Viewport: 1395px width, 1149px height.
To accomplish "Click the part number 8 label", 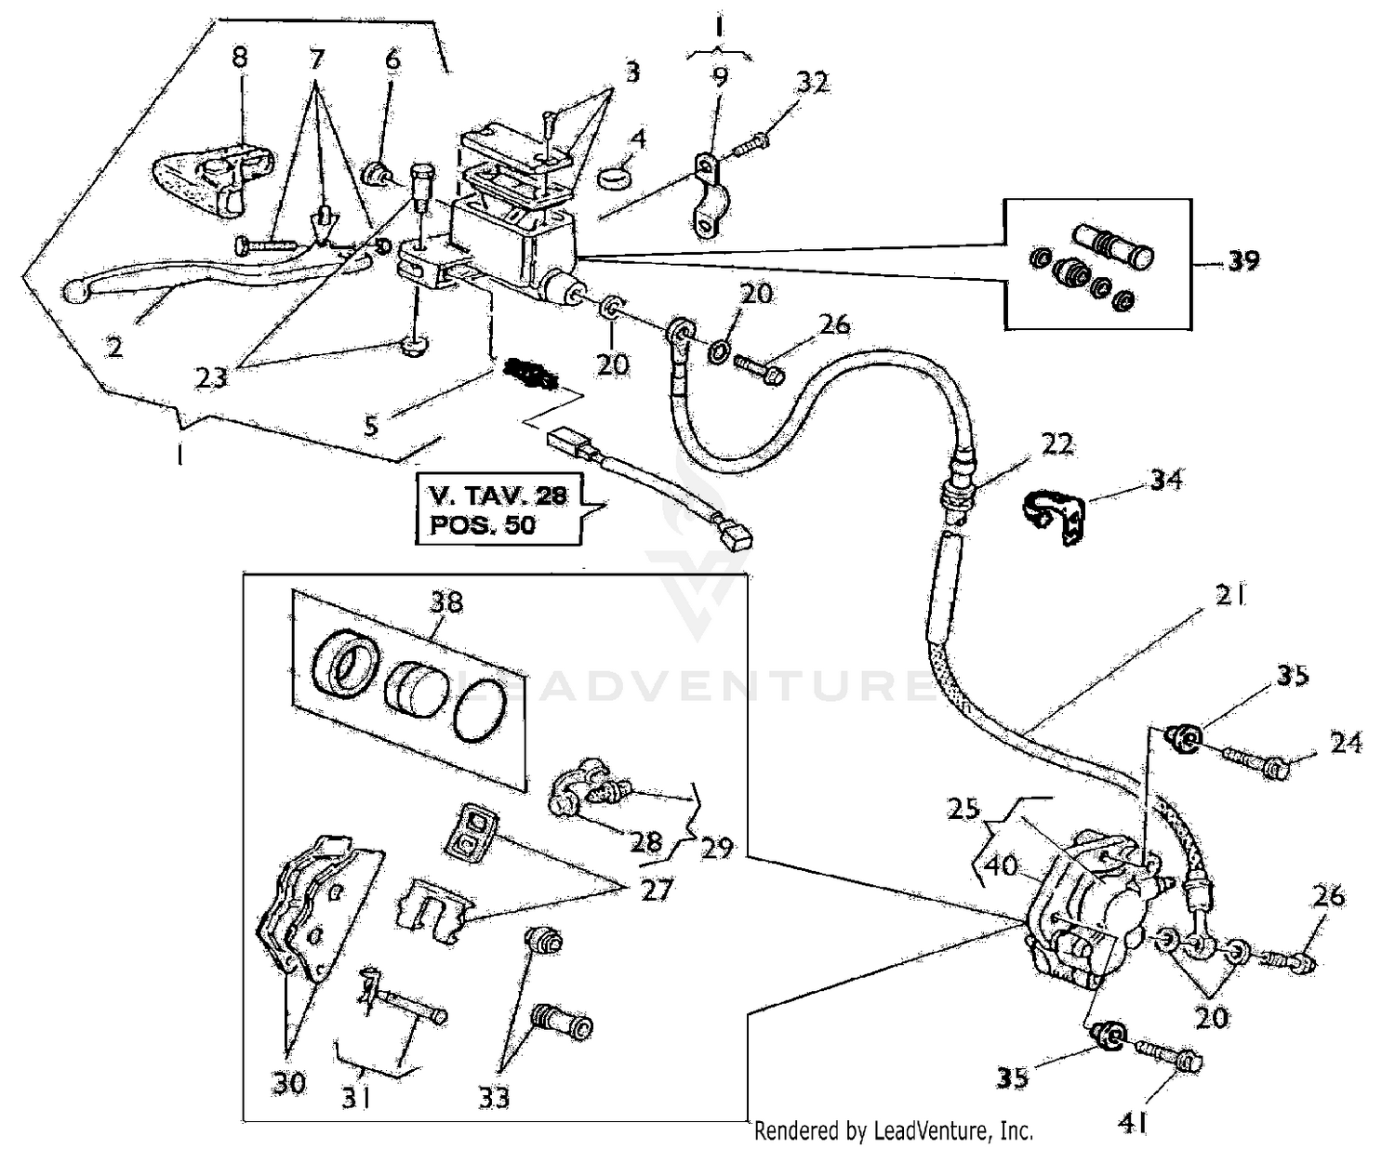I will point(240,58).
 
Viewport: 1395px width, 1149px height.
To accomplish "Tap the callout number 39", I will point(1242,261).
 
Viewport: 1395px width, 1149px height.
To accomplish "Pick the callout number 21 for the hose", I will point(1230,596).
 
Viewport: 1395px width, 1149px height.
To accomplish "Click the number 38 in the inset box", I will point(445,601).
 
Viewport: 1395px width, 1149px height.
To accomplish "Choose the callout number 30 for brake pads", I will point(289,1082).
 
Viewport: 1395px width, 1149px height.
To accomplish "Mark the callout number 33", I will point(494,1097).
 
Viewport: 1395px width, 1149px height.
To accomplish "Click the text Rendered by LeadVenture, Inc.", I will point(893,1130).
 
